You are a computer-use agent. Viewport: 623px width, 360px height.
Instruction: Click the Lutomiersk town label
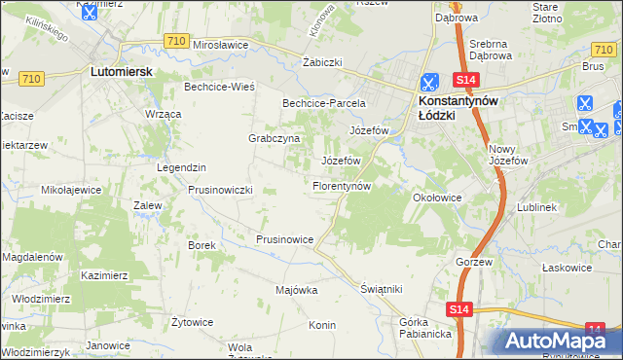(118, 71)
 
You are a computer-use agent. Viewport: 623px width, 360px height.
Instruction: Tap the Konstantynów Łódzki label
(458, 106)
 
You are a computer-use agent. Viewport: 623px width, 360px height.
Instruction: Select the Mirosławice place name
(222, 45)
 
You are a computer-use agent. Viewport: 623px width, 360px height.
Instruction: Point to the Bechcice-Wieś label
(219, 87)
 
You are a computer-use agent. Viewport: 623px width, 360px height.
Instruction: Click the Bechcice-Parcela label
(323, 102)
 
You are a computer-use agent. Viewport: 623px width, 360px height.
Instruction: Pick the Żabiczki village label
(322, 61)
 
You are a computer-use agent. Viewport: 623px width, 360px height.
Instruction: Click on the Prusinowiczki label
(220, 190)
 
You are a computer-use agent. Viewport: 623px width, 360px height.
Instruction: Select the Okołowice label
(436, 198)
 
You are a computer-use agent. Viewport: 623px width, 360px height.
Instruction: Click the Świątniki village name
(381, 289)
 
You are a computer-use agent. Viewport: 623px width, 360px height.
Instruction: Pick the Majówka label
(297, 290)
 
